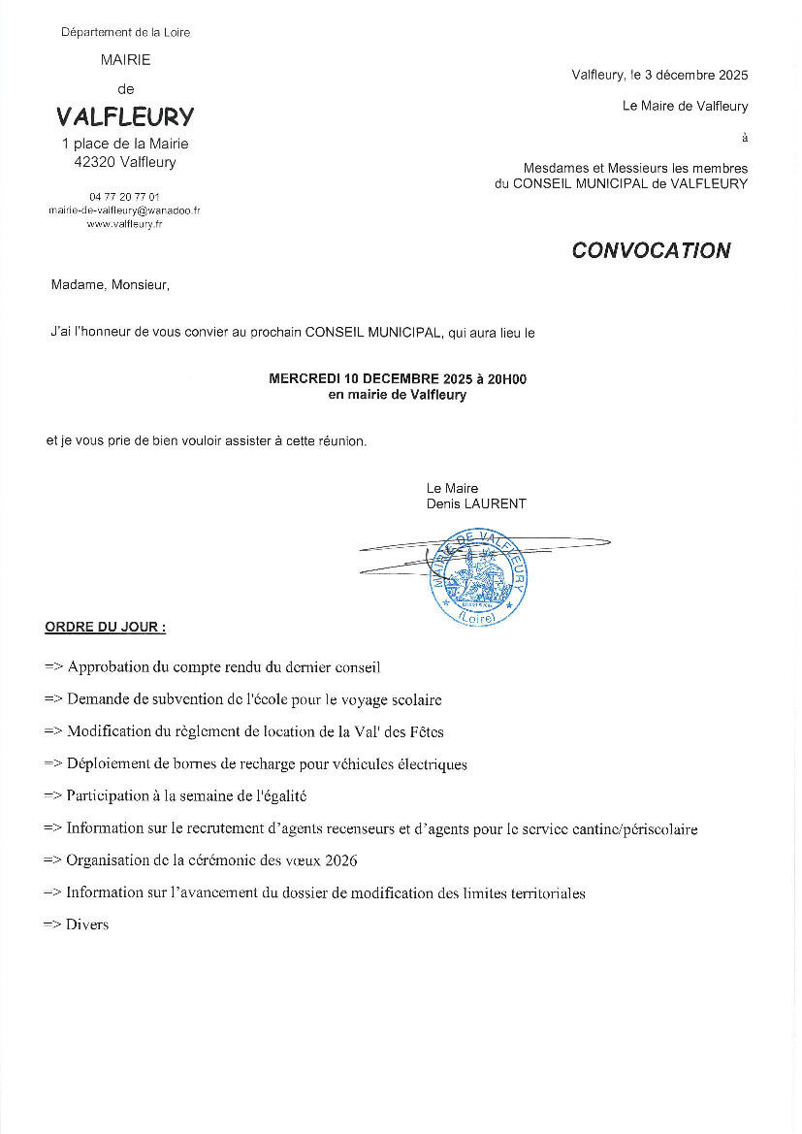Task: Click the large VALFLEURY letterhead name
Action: point(125,117)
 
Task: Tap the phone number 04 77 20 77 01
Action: point(125,196)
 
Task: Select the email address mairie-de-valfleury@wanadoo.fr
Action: point(125,210)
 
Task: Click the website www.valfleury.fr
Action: point(125,223)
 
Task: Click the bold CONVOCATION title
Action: point(651,250)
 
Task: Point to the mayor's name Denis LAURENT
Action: point(476,503)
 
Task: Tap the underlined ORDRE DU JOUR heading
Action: point(105,628)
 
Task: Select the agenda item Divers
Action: point(87,924)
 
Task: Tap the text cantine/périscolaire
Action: point(625,828)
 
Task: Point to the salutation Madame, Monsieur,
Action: point(110,285)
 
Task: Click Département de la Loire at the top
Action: point(125,32)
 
